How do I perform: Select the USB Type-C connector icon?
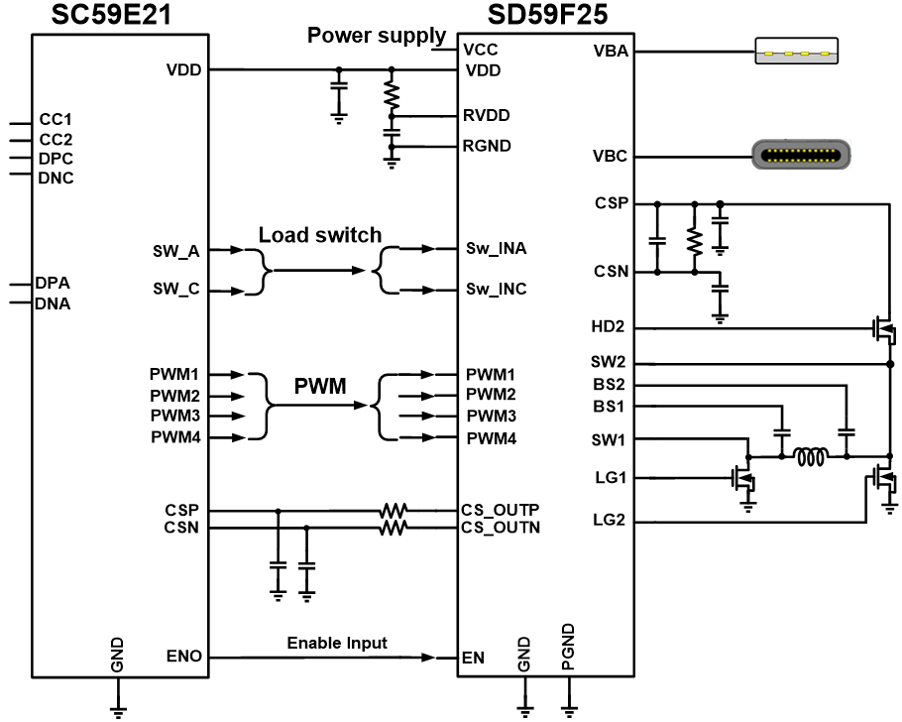pos(801,156)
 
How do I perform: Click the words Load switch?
pos(320,235)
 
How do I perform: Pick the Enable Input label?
pos(337,643)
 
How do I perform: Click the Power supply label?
pos(377,36)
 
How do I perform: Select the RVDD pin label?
pos(487,115)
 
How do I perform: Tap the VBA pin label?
pos(609,52)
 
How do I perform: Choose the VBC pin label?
pos(609,156)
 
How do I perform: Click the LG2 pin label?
pos(609,520)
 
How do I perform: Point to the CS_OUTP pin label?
pos(501,510)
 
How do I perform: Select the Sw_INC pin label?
pos(497,290)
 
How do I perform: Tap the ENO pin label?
pos(184,657)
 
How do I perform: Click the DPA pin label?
pos(53,284)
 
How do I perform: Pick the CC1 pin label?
pos(56,119)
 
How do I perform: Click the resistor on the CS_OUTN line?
pos(394,529)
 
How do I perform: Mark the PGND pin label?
pos(568,647)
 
